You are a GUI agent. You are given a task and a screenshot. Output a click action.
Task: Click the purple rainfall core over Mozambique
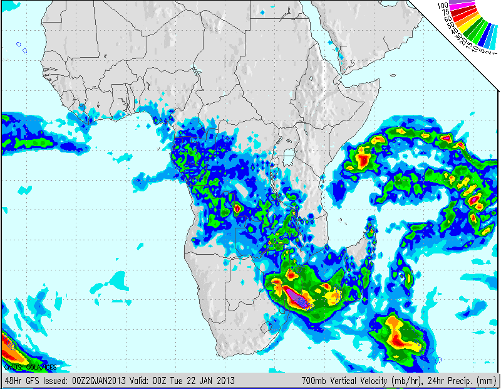coord(296,297)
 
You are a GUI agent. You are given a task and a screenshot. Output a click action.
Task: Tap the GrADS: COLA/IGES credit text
coord(30,366)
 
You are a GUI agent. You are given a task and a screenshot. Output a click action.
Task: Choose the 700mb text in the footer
coord(312,380)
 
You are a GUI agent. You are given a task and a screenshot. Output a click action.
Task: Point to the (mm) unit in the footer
coord(488,380)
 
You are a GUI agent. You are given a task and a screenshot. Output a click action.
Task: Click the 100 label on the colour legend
coord(443,5)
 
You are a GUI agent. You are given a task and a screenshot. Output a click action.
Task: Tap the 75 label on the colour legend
coord(445,12)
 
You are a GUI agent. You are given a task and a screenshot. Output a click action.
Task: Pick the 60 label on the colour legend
coord(447,19)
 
